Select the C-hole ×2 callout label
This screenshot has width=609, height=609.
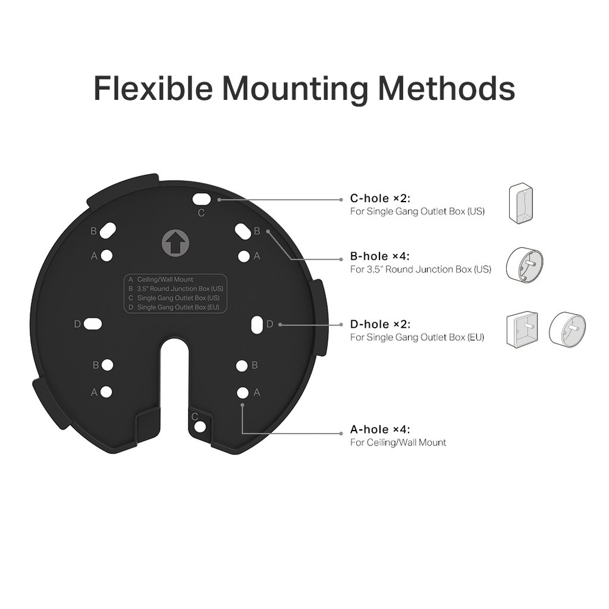[379, 199]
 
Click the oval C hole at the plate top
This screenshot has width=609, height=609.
[202, 197]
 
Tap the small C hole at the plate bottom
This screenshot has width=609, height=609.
[200, 427]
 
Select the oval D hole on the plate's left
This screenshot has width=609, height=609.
[93, 324]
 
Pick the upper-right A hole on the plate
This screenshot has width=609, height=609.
[243, 256]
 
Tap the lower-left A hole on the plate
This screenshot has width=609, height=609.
[106, 392]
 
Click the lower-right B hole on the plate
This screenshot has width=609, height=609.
[241, 365]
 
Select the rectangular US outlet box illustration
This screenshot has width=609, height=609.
[521, 204]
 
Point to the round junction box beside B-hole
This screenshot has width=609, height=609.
[524, 265]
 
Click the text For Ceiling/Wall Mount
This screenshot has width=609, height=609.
[398, 442]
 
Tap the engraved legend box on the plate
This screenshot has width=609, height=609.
[175, 293]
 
